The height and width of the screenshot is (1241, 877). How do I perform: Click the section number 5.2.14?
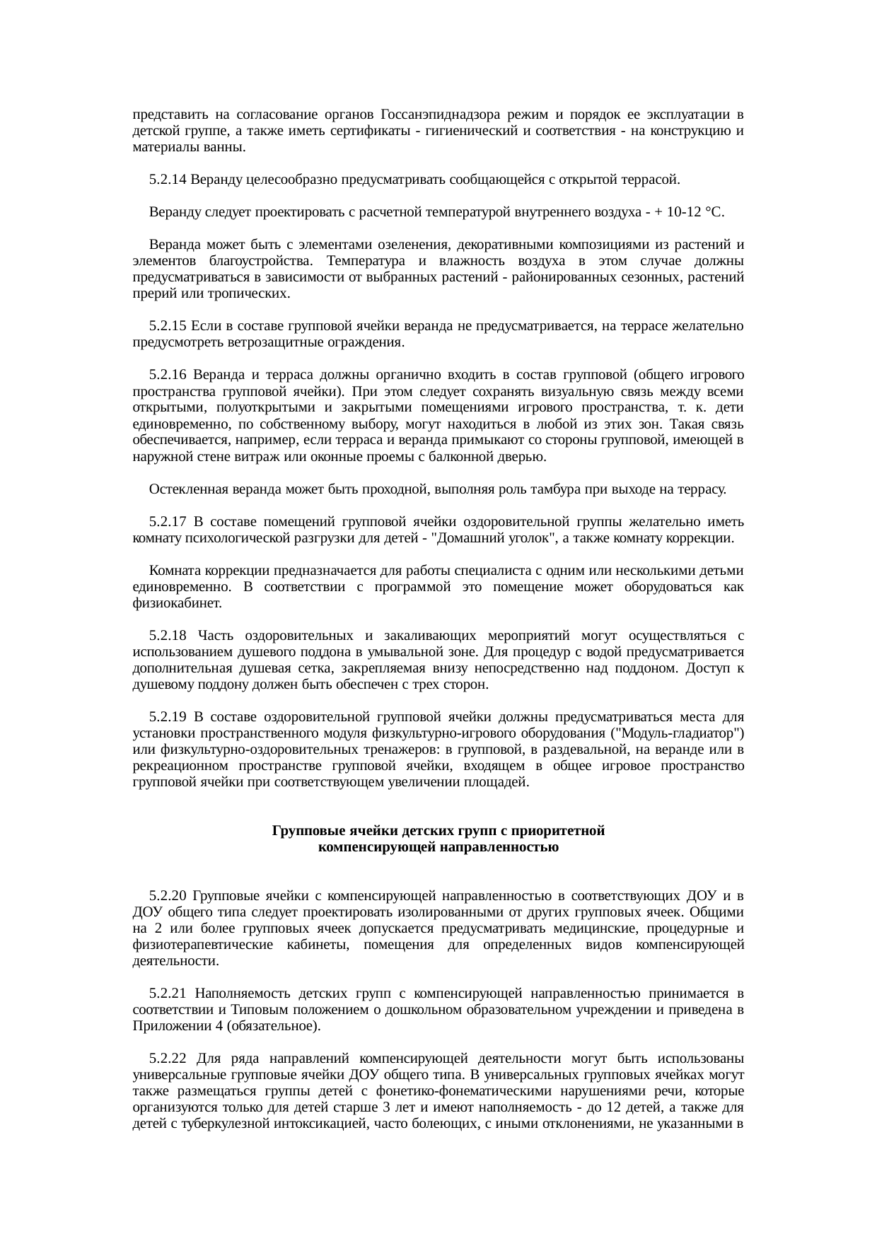[x=168, y=180]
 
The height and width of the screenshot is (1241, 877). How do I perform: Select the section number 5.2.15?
[x=168, y=327]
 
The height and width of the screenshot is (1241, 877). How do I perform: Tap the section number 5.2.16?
[x=168, y=375]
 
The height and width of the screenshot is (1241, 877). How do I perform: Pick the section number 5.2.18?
[x=168, y=636]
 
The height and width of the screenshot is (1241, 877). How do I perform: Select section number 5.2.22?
[x=168, y=1059]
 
